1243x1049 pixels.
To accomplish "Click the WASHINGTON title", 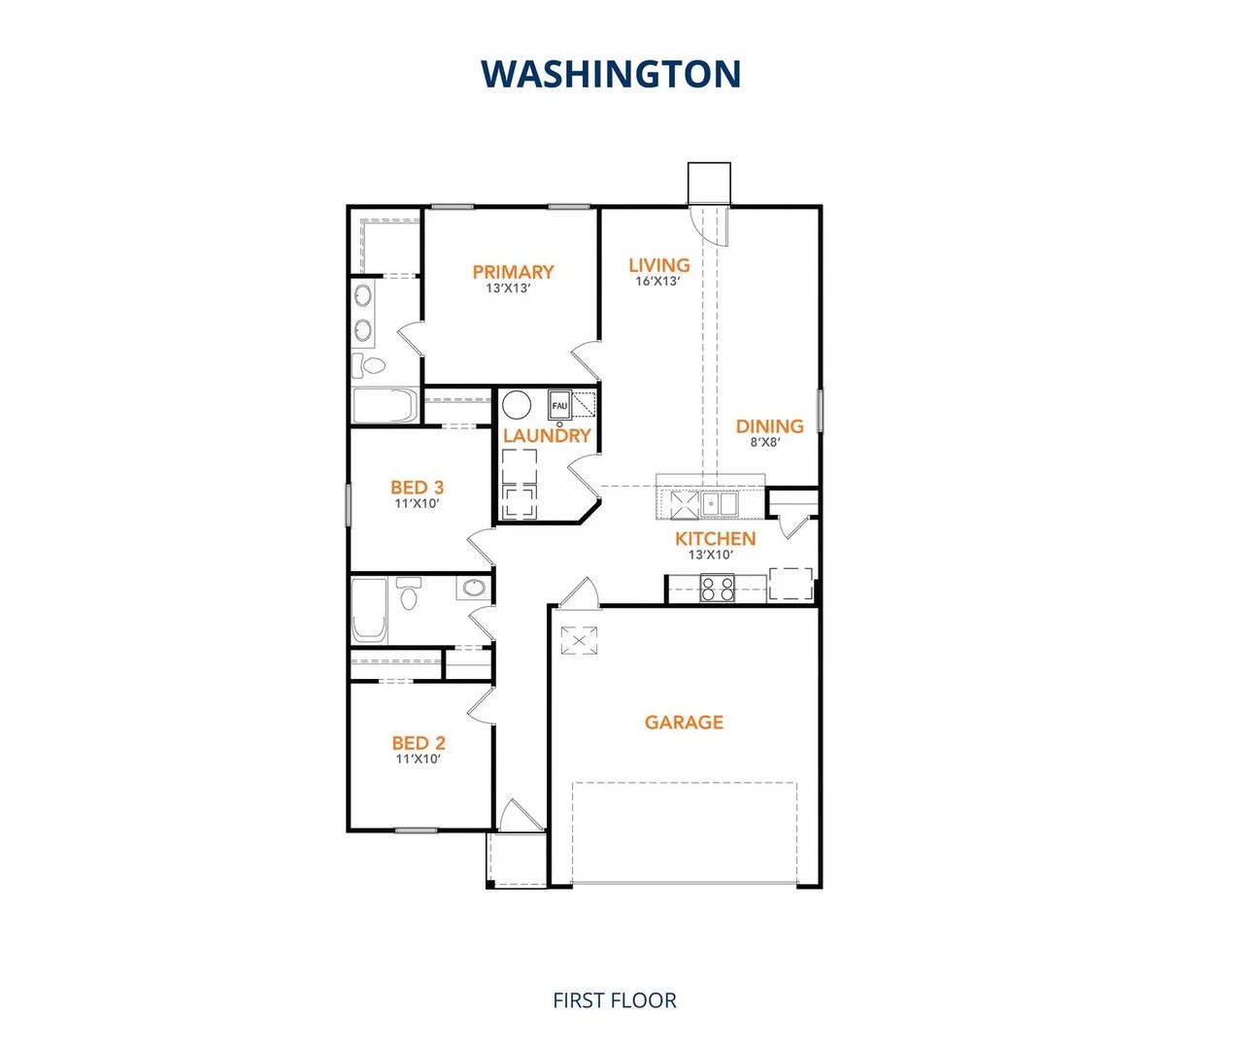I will coord(611,74).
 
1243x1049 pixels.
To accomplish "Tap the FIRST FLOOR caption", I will coord(614,1000).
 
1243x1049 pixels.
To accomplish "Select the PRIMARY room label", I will coord(513,272).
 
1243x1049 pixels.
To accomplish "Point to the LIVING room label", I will coord(659,265).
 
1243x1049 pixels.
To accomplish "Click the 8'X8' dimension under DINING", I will coord(765,442).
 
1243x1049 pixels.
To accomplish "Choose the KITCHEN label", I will coord(716,538).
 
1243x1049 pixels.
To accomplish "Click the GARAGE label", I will coord(684,722).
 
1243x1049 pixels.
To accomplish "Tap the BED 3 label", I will coord(418,488).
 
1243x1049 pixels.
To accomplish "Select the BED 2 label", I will coord(419,743).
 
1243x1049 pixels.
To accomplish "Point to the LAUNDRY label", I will coord(547,436).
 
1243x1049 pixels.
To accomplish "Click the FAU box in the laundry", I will coord(559,405).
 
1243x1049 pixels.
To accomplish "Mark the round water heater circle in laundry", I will coord(517,404).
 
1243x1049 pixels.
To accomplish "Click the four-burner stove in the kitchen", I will coord(718,589).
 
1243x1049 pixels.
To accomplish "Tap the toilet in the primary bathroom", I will coord(370,365).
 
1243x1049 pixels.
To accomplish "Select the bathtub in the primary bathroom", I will coord(385,406).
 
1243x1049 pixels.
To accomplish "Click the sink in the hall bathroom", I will coord(473,588).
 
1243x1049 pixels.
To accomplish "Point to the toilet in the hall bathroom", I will coord(409,593).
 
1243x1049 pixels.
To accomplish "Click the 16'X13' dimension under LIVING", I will coord(657,282).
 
